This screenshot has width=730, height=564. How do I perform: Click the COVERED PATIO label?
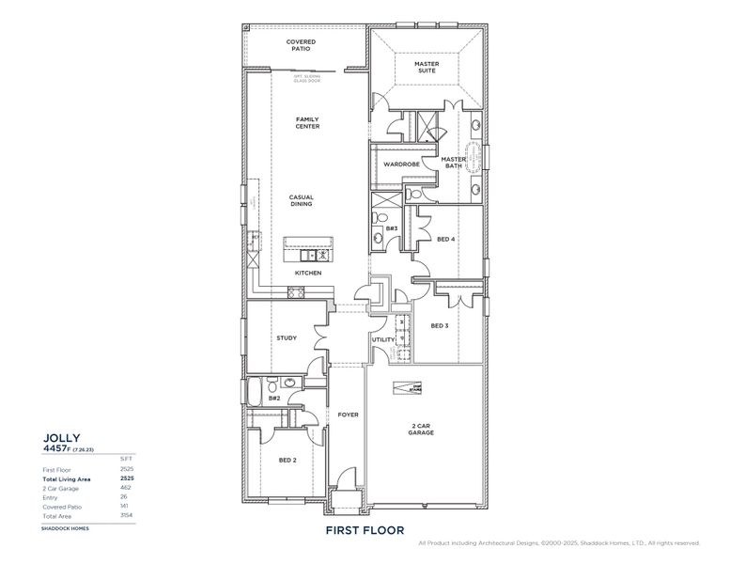click(301, 45)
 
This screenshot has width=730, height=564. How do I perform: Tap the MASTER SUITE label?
click(427, 68)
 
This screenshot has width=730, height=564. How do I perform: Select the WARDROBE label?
click(401, 164)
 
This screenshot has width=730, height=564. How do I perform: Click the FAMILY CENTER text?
click(307, 123)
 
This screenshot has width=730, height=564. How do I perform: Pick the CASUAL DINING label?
click(301, 201)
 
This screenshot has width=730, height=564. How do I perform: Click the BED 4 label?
click(446, 239)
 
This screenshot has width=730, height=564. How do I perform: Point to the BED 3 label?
click(440, 325)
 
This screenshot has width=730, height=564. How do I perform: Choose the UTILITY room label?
click(382, 339)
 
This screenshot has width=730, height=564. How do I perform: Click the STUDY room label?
click(287, 338)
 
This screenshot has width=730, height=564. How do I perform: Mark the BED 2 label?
click(287, 460)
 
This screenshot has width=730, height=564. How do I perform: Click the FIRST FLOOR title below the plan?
click(365, 530)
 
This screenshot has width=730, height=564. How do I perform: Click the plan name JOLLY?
click(62, 437)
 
